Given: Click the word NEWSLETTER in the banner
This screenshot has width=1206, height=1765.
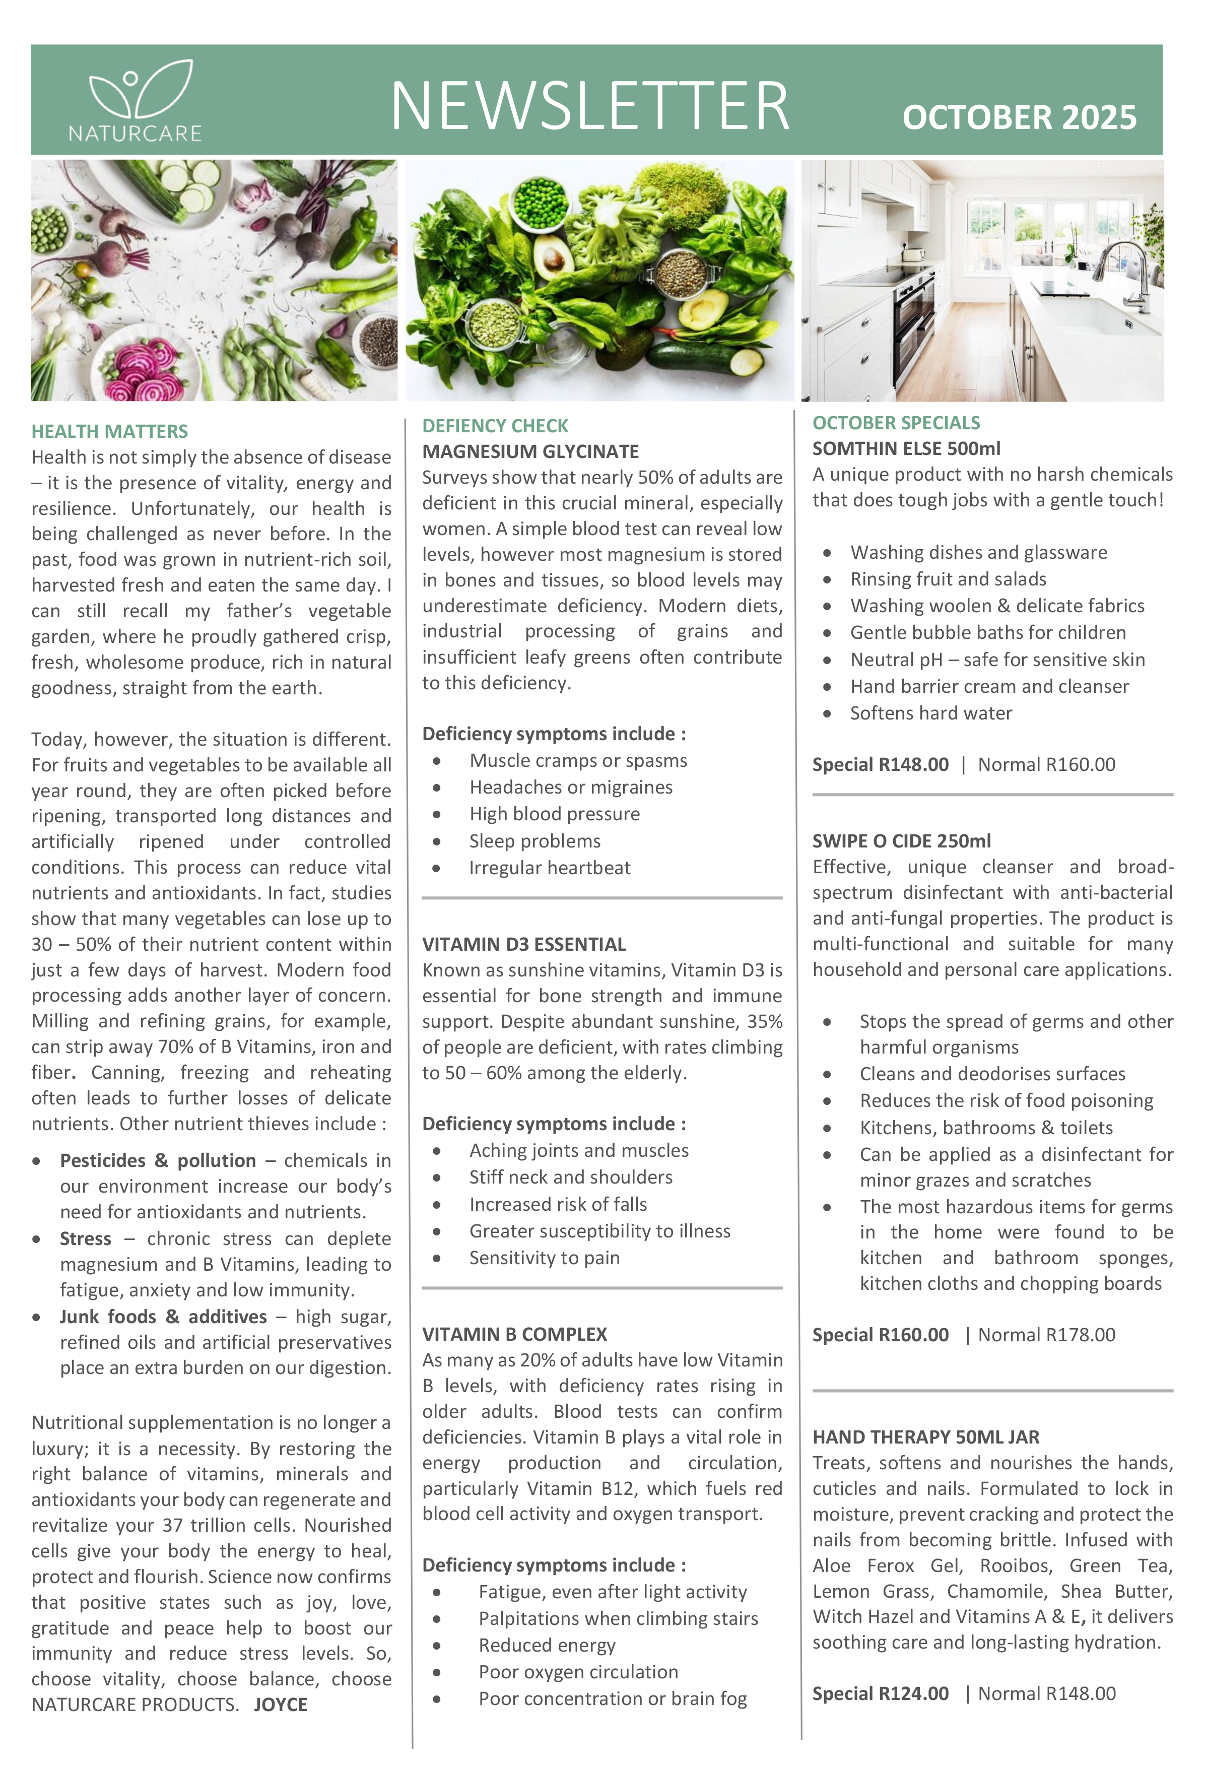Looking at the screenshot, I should pos(590,106).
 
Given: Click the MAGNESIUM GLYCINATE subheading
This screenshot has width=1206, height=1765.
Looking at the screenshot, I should pos(530,452).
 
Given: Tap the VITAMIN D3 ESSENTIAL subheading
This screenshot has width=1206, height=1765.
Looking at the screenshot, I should pos(523,944).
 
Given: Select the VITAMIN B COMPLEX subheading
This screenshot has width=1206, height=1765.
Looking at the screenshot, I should pos(514,1334).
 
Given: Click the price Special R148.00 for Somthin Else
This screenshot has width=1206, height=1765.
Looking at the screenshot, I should pos(880,765).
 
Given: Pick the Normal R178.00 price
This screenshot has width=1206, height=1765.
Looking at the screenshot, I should pos(1046,1335).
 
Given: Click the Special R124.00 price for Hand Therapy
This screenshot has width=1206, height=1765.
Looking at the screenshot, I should pos(880,1693).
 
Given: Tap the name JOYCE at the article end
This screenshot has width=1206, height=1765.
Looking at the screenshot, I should pos(280,1705).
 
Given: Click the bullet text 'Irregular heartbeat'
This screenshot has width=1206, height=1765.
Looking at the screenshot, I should pos(549,868).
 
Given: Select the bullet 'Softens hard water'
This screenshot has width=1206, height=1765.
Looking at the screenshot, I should pos(930,713).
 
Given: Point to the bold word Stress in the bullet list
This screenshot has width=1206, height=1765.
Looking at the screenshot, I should pos(85,1238).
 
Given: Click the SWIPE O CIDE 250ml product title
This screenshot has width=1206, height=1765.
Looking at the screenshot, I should pos(901,841).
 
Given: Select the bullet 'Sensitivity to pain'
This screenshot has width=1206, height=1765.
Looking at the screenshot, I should pos(544,1259).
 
